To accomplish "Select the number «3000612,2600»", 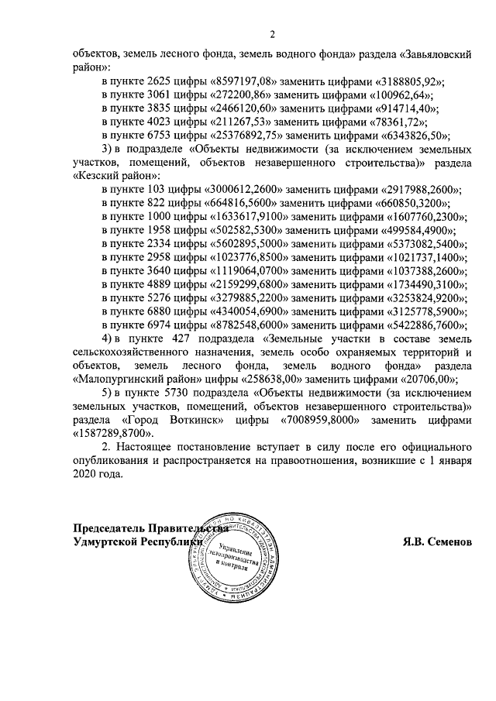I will click(x=244, y=189).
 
